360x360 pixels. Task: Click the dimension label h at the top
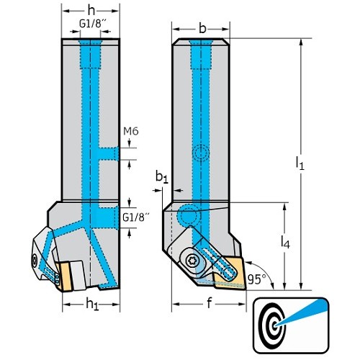click(x=91, y=11)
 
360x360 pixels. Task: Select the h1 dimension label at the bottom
click(x=92, y=305)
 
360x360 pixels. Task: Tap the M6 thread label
click(x=131, y=131)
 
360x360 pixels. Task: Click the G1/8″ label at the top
click(x=93, y=24)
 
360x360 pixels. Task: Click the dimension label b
click(x=202, y=29)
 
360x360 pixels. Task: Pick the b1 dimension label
click(x=162, y=178)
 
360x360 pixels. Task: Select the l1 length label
click(x=300, y=163)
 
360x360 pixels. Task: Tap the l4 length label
click(x=285, y=241)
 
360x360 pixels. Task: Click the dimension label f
click(x=210, y=303)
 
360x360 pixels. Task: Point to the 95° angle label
click(x=257, y=279)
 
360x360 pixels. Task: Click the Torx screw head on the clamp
click(x=192, y=260)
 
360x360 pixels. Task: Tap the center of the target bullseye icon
click(x=274, y=325)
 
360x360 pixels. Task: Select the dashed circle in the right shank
click(x=201, y=153)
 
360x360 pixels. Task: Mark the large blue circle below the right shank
click(x=188, y=215)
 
